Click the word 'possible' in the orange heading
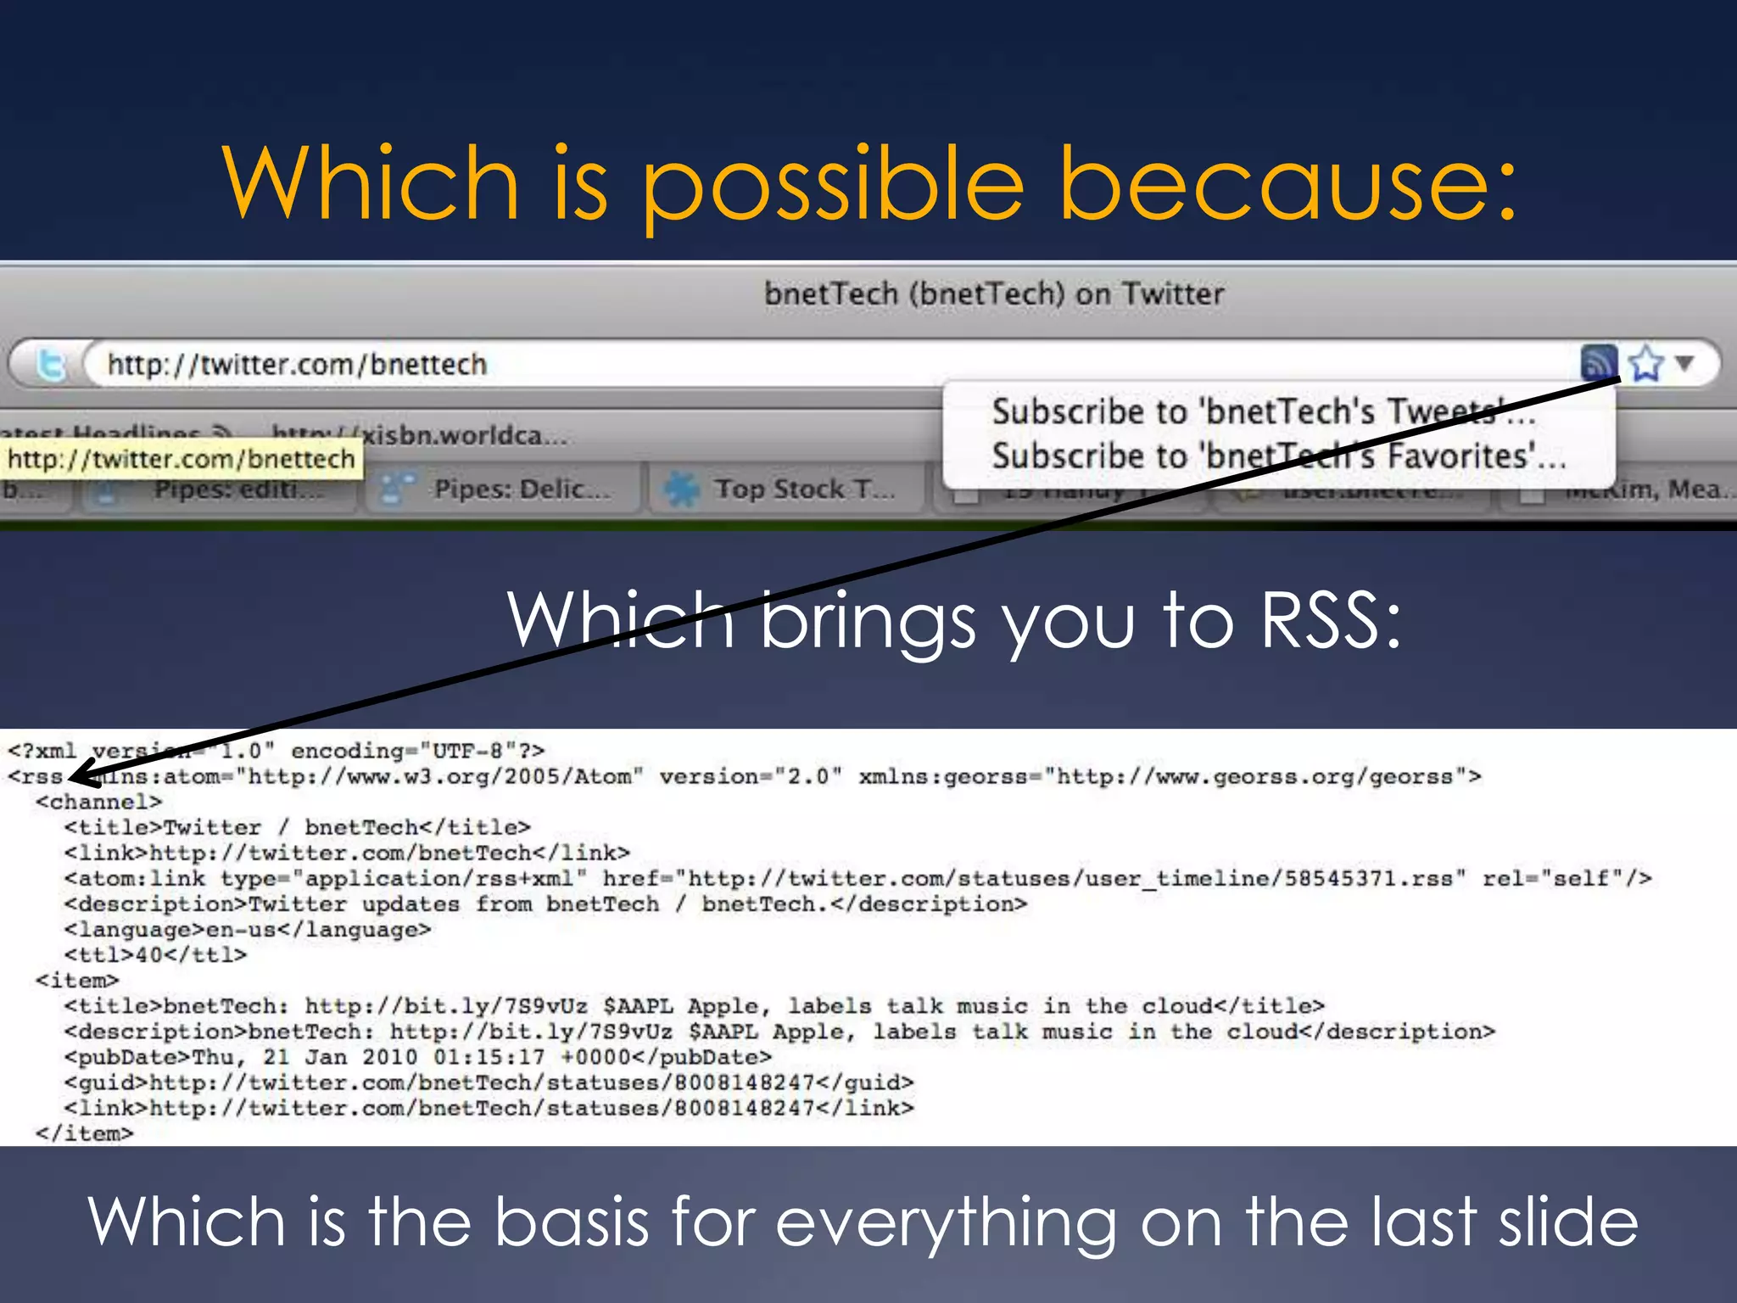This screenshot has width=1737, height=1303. (831, 185)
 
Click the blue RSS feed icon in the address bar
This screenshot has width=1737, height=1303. (1599, 363)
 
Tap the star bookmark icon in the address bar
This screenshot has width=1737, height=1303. (1646, 364)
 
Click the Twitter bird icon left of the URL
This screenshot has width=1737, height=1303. (52, 365)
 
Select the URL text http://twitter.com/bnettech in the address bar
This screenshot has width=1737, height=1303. (297, 365)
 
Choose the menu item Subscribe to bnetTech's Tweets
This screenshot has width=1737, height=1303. (1264, 412)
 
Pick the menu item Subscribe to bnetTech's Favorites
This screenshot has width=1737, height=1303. (1278, 457)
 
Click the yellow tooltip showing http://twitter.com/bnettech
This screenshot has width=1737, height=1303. (181, 460)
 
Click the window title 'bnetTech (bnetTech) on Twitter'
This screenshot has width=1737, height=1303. (994, 294)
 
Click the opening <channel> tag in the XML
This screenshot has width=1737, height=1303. (98, 802)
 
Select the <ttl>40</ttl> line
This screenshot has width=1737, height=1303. (156, 955)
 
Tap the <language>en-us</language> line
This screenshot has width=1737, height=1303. (248, 930)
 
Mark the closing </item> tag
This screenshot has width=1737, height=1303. (85, 1134)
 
